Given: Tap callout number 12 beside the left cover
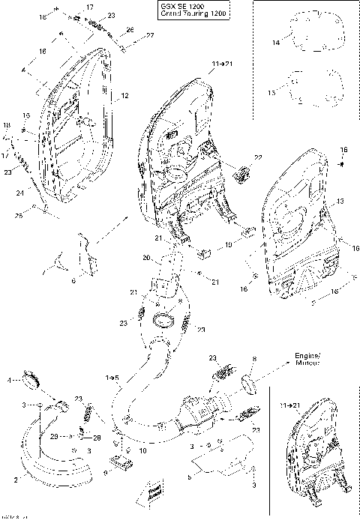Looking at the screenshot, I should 124,96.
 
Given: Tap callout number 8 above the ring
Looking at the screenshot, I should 254,361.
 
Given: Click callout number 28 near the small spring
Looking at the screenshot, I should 97,437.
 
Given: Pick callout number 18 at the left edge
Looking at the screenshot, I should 7,124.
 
